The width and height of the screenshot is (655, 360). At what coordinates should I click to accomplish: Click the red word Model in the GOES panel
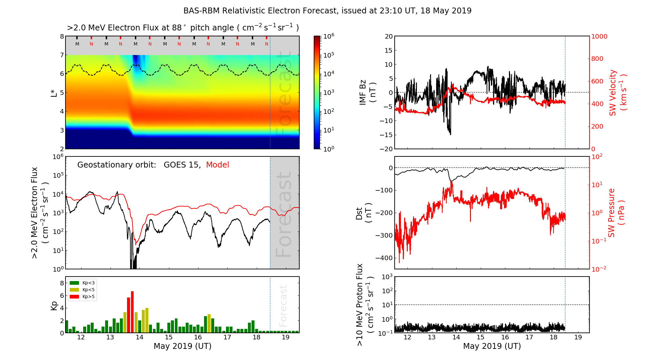(217, 165)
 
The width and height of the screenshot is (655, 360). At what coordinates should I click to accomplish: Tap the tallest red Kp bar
(132, 312)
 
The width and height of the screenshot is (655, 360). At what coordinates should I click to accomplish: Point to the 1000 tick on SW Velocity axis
(599, 37)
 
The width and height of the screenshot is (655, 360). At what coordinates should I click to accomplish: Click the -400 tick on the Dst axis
(384, 258)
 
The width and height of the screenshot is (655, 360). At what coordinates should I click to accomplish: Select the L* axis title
(54, 93)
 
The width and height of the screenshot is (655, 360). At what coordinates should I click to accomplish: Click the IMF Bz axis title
(367, 93)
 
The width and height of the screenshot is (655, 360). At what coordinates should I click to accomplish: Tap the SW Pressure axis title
(616, 213)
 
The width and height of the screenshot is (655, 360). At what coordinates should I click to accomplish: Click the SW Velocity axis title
(617, 93)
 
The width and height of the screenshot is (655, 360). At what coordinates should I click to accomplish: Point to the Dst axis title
(364, 213)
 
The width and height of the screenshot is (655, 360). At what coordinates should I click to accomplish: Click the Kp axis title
(54, 305)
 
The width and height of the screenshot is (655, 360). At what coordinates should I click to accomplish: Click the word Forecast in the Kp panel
(283, 306)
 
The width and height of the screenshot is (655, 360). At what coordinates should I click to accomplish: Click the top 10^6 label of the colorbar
(328, 36)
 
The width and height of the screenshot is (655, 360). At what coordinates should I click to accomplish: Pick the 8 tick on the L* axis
(62, 37)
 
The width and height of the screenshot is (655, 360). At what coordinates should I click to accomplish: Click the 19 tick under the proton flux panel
(578, 337)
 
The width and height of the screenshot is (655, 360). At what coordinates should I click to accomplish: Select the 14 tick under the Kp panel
(140, 337)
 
